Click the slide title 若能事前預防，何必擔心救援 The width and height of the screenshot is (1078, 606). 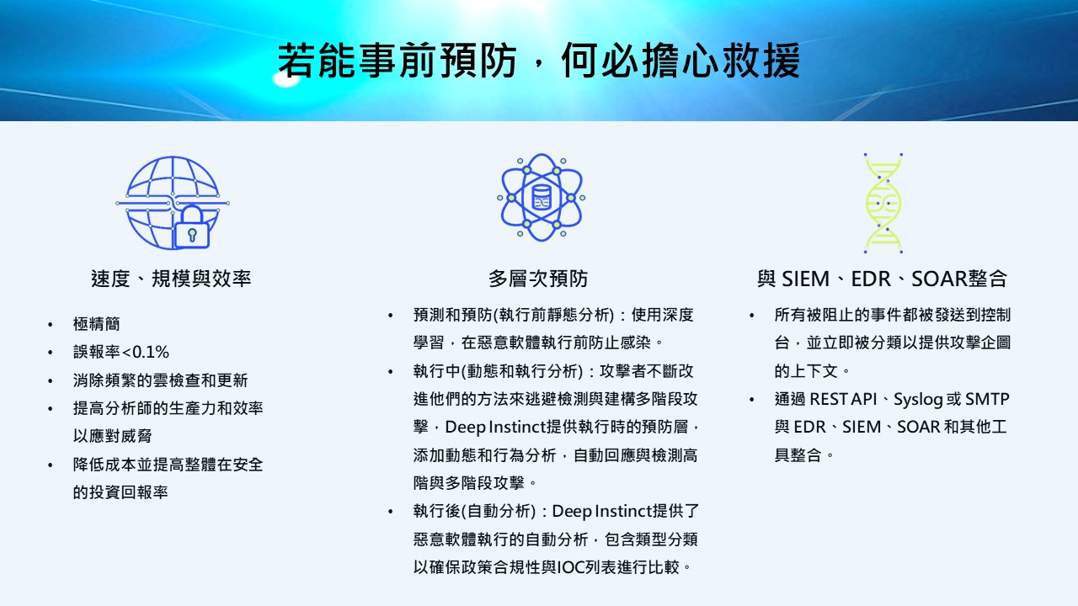[539, 61]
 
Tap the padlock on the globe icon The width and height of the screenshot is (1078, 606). [191, 227]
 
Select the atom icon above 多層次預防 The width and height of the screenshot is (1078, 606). [541, 197]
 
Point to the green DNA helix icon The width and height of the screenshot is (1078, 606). [883, 203]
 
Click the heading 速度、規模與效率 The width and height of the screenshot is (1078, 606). [171, 279]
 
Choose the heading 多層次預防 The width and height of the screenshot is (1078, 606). [538, 279]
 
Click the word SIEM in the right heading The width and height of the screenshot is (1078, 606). [805, 279]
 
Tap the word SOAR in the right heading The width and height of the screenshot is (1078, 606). [939, 279]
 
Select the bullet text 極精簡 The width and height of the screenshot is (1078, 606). [96, 324]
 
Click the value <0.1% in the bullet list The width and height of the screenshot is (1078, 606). [146, 352]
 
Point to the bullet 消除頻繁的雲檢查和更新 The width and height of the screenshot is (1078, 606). [160, 380]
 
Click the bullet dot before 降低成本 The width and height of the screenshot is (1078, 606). [50, 465]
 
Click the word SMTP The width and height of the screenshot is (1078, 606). [987, 399]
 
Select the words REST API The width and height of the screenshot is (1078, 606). [843, 399]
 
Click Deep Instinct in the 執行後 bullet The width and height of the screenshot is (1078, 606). [601, 511]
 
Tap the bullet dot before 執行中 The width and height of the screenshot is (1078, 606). [390, 372]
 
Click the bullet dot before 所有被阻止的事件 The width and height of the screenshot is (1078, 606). [752, 316]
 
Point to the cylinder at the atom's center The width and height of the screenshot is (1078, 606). [541, 197]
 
